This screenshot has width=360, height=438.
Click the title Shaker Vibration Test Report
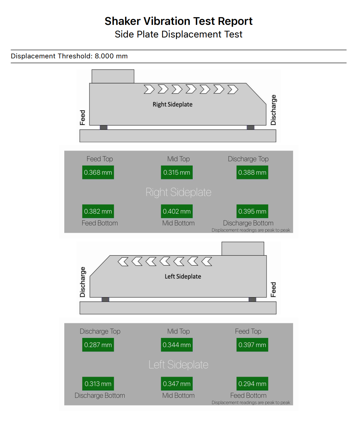(179, 21)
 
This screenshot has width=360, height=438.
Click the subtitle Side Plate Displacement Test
(179, 34)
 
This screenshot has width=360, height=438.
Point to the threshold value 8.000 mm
(111, 56)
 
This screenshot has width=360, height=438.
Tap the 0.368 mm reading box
(98, 172)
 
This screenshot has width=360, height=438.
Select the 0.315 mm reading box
(177, 172)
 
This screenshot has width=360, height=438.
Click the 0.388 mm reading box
(252, 172)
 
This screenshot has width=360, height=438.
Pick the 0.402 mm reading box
(177, 211)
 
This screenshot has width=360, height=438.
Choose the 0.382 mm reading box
(98, 211)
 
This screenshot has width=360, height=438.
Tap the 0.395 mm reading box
(252, 211)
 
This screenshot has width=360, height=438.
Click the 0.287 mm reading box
(98, 345)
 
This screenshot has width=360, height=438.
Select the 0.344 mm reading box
(177, 345)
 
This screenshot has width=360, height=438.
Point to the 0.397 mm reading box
(252, 345)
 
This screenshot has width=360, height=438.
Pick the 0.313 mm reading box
(98, 384)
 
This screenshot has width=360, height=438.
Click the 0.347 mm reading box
(177, 384)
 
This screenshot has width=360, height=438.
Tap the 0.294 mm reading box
(252, 384)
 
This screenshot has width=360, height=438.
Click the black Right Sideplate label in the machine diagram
(172, 104)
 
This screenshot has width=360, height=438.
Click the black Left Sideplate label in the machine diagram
(183, 277)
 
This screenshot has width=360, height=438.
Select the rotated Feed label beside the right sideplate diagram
(83, 118)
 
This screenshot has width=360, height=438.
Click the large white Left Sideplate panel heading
(178, 364)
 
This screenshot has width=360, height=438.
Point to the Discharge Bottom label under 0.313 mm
(100, 396)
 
